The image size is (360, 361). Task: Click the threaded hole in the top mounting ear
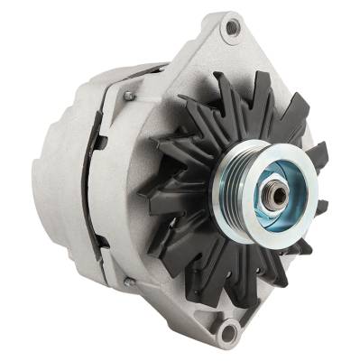(234, 28)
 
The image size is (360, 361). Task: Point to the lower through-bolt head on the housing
(129, 282)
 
